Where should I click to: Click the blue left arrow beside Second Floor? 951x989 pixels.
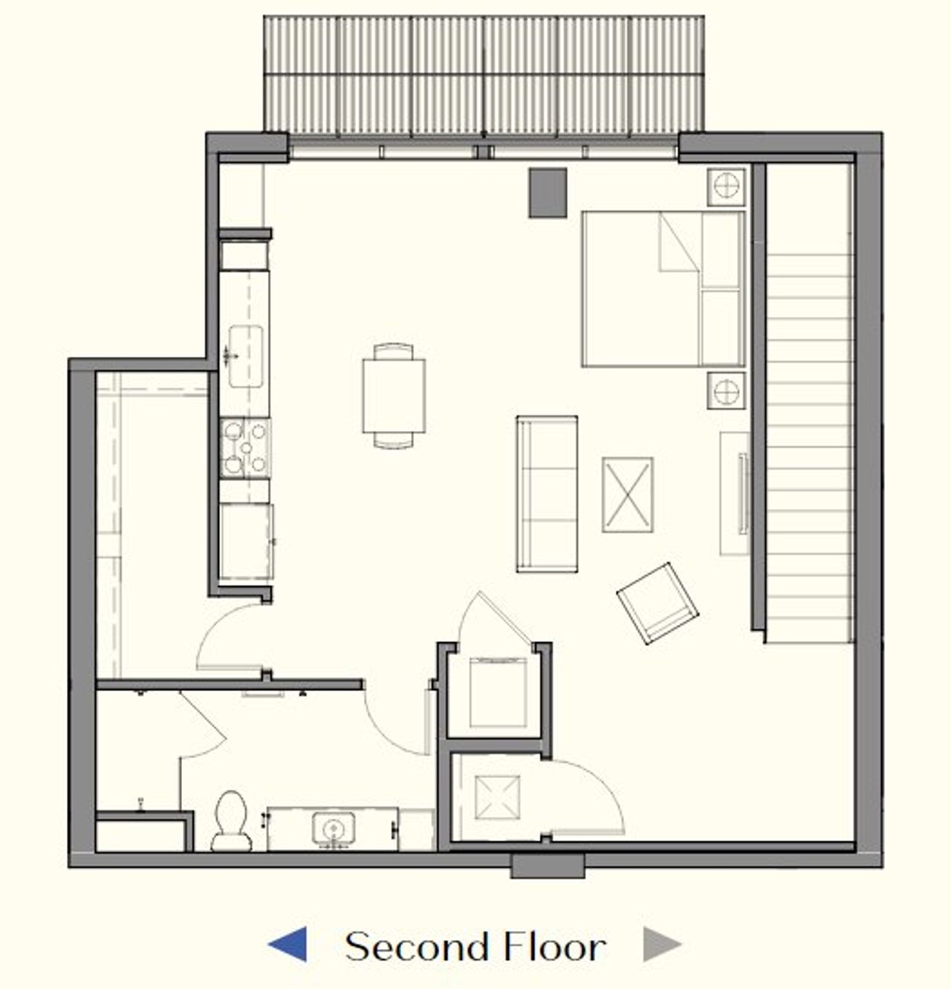tap(288, 945)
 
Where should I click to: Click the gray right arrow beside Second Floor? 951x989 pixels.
tap(661, 945)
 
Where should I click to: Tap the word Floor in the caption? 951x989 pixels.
tap(554, 947)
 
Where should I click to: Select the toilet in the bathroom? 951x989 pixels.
tap(231, 820)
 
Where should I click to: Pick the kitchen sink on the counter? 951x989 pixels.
tap(245, 356)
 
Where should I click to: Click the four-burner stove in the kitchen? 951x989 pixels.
tap(245, 448)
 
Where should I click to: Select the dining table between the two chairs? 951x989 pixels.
tap(394, 395)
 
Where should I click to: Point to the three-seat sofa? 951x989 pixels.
tap(548, 494)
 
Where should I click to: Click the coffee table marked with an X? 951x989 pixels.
tap(628, 495)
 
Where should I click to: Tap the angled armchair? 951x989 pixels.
tap(658, 603)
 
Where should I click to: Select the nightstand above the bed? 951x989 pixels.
tap(726, 186)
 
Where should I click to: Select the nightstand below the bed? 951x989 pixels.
tap(726, 390)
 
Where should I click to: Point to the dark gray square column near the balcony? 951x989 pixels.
tap(548, 193)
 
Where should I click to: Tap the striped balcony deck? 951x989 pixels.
tap(484, 77)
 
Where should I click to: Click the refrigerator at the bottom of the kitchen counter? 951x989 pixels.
tap(246, 541)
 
